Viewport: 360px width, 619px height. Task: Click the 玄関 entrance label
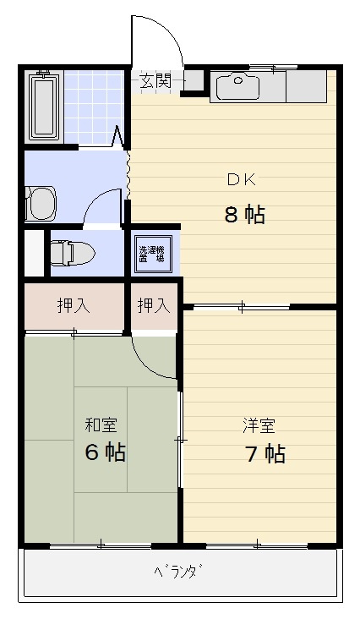pyautogui.click(x=155, y=81)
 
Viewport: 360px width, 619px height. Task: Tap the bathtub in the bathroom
pyautogui.click(x=44, y=107)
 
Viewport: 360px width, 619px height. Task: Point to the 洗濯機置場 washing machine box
pyautogui.click(x=153, y=254)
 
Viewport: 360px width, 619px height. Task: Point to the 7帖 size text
pyautogui.click(x=264, y=454)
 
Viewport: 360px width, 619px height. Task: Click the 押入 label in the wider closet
pyautogui.click(x=74, y=306)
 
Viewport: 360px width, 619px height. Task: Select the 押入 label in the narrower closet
pyautogui.click(x=154, y=306)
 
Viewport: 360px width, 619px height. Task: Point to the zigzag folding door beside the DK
pyautogui.click(x=128, y=173)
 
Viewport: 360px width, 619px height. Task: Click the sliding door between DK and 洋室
pyautogui.click(x=241, y=305)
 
